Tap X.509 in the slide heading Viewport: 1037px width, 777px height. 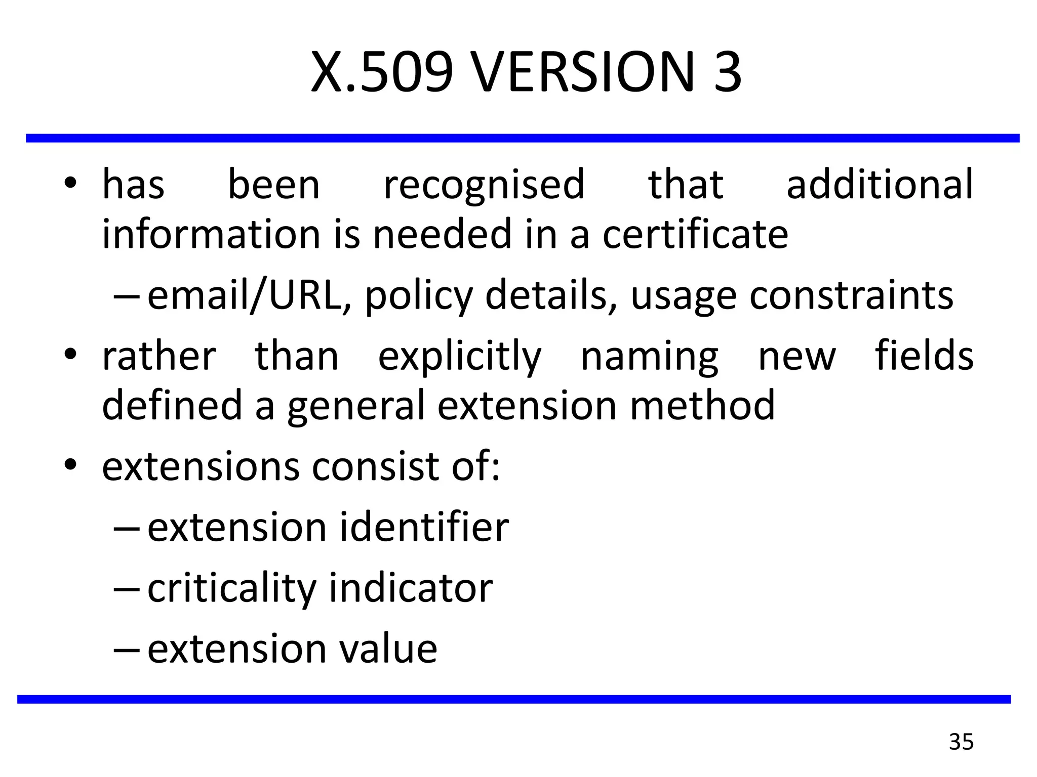(x=382, y=72)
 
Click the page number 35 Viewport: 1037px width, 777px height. (x=961, y=742)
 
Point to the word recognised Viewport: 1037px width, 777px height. (x=484, y=185)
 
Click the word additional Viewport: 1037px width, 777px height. (x=880, y=184)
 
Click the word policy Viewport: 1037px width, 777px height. (x=418, y=296)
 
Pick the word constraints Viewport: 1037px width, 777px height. (x=851, y=295)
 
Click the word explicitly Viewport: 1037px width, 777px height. (x=460, y=357)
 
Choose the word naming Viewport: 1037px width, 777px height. (x=649, y=357)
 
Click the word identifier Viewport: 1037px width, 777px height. (x=424, y=527)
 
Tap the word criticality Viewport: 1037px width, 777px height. (x=231, y=589)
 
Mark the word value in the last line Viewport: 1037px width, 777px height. (x=388, y=649)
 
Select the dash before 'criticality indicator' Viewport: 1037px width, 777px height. (x=126, y=588)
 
